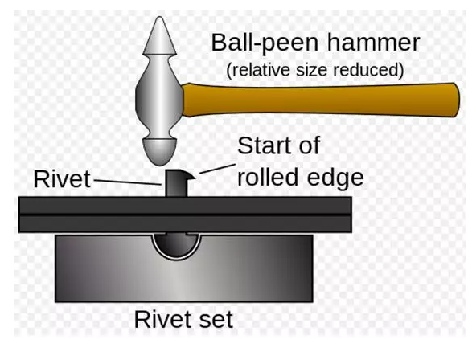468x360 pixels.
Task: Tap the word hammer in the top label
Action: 374,43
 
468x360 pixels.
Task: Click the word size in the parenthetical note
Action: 311,70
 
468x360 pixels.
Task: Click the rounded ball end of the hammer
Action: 160,152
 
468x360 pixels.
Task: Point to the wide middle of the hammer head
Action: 159,96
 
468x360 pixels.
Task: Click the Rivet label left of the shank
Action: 62,179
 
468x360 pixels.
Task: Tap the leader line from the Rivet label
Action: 128,182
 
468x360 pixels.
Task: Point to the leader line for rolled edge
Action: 218,169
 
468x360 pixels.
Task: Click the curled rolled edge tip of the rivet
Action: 191,176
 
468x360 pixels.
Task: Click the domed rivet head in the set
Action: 176,245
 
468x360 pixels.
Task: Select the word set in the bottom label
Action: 216,320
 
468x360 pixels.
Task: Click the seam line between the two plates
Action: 185,215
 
